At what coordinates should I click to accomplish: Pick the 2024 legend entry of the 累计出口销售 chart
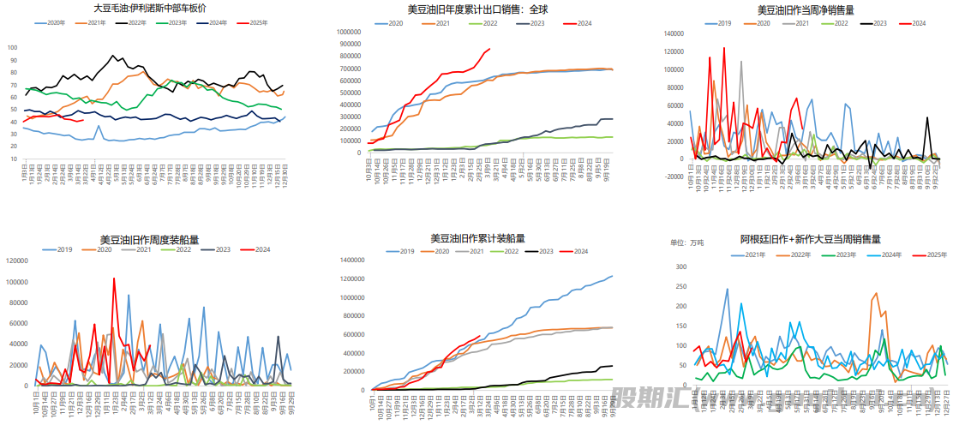click(x=584, y=22)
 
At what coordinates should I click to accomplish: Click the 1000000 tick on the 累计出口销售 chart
click(x=348, y=32)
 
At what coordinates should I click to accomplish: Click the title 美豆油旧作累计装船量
click(x=477, y=238)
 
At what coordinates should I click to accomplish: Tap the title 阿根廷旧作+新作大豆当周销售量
click(x=811, y=239)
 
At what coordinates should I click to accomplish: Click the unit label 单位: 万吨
click(x=686, y=242)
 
